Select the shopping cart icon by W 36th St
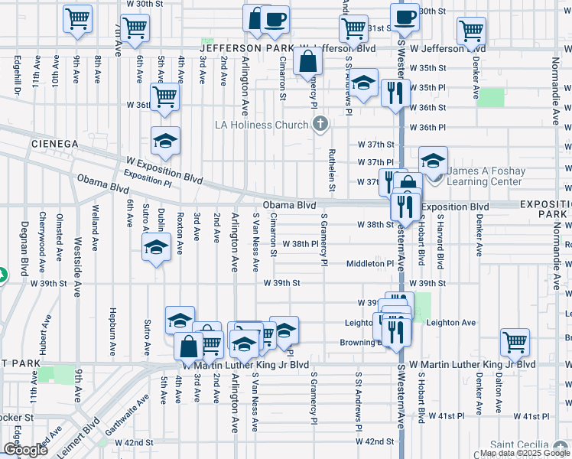[x=164, y=97]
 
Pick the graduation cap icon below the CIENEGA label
[x=165, y=142]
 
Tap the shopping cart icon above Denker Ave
[x=471, y=32]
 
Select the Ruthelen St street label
[x=333, y=170]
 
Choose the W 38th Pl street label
[x=300, y=244]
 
